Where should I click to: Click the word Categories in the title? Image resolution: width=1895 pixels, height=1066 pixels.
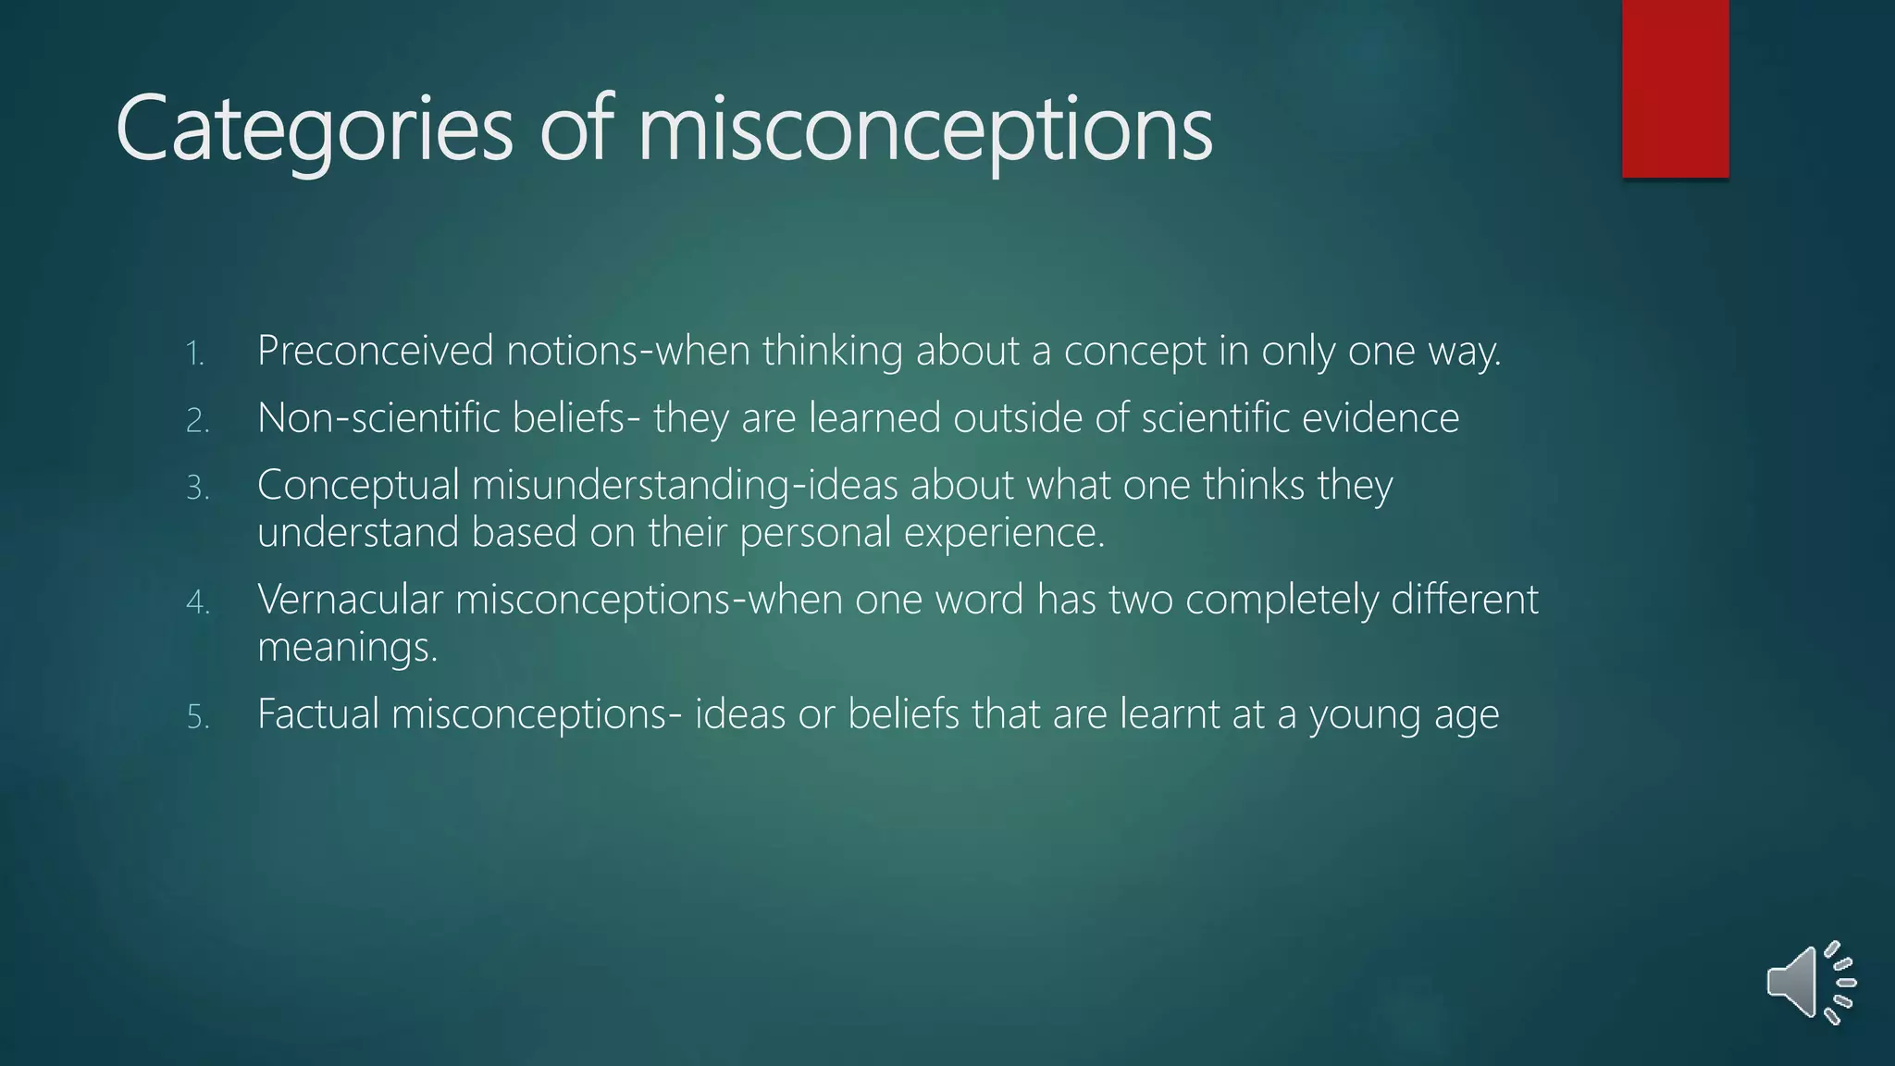314,129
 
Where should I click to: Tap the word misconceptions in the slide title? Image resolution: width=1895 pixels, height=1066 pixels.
925,129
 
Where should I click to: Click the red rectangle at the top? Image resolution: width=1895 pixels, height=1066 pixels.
1675,88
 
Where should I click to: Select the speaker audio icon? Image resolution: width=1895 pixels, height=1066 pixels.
1810,983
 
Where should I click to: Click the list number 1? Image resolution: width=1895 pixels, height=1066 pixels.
195,353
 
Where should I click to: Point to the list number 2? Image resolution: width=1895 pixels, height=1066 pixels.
198,421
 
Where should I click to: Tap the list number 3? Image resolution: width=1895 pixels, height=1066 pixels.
198,488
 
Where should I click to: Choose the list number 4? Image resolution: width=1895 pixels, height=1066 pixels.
198,602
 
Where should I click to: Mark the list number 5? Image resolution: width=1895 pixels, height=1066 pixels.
198,717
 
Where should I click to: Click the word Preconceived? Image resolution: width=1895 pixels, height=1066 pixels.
376,352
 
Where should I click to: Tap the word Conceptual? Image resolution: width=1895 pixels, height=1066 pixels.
358,486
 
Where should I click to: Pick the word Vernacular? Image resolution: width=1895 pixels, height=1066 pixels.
351,600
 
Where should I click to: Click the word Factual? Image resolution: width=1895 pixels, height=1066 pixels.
318,714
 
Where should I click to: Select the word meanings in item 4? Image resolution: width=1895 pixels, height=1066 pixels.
347,648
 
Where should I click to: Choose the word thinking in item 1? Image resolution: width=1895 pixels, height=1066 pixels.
833,352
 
